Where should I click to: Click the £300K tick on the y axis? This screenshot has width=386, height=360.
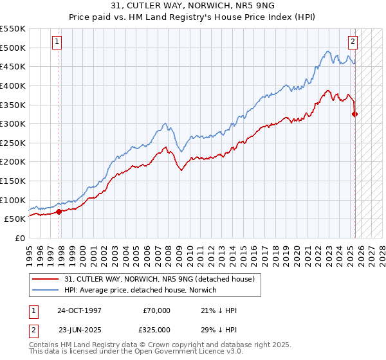click(x=14, y=123)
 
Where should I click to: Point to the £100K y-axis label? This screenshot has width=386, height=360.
click(x=14, y=200)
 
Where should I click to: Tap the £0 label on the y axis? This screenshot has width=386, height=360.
click(x=21, y=238)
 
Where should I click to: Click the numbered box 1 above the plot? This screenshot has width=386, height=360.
click(x=57, y=42)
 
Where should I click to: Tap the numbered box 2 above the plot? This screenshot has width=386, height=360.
click(x=353, y=42)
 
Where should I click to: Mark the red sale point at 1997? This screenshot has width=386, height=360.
click(x=59, y=211)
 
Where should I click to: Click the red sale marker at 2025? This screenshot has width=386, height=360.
click(x=354, y=114)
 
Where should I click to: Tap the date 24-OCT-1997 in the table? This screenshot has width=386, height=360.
click(x=79, y=310)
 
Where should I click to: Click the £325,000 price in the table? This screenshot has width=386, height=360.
click(x=156, y=328)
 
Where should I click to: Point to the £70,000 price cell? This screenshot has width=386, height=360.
click(x=156, y=310)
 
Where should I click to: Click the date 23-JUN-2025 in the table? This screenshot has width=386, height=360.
click(x=79, y=328)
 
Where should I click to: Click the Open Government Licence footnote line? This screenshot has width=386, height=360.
click(x=136, y=352)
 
